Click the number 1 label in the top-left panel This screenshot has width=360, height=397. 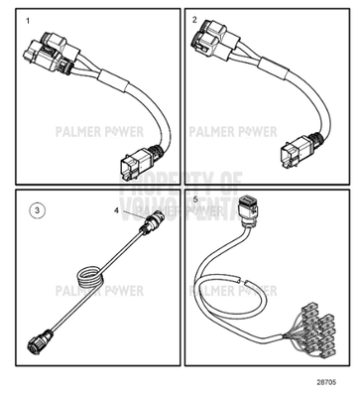tap(28, 21)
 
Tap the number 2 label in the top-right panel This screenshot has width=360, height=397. tap(195, 21)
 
